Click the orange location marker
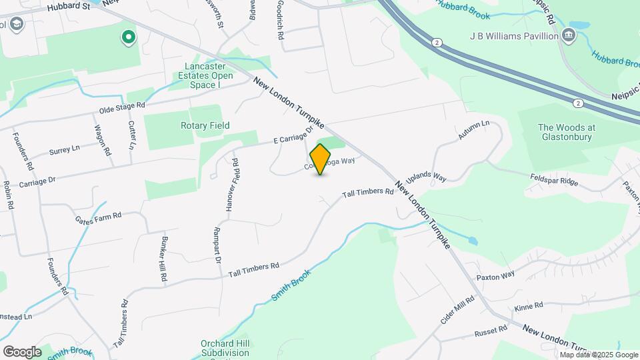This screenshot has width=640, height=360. [321, 159]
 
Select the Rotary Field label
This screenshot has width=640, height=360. [205, 125]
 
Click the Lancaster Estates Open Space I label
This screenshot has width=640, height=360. [209, 76]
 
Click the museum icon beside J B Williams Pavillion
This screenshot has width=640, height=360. [569, 35]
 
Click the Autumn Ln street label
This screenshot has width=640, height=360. [474, 131]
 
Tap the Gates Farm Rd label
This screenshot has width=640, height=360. [98, 216]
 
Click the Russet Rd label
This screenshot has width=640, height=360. [491, 329]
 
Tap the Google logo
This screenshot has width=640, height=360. [22, 351]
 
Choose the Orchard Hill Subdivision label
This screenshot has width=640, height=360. [225, 349]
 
